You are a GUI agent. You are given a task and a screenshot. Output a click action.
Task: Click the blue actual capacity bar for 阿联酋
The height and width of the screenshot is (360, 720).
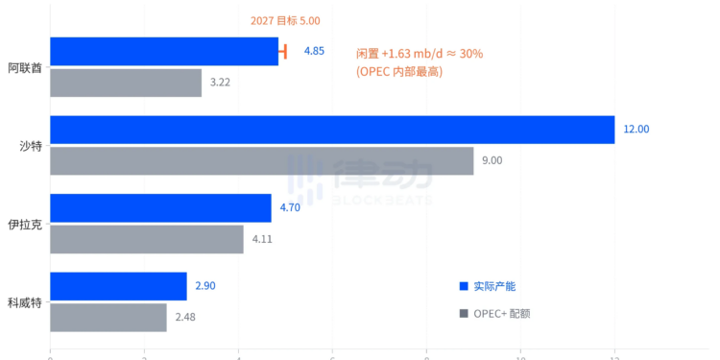(x=163, y=51)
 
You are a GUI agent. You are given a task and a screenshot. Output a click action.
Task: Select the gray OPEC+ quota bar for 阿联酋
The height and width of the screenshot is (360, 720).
(x=125, y=83)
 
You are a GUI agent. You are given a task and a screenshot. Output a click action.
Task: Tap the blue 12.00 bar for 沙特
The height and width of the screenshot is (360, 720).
(x=331, y=130)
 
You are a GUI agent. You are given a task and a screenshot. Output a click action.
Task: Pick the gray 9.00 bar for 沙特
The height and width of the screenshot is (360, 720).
(x=261, y=160)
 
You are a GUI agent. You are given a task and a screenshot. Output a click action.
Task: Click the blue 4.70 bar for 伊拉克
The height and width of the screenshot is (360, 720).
(x=160, y=207)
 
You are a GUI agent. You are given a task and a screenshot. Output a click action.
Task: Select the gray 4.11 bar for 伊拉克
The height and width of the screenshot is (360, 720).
(x=146, y=239)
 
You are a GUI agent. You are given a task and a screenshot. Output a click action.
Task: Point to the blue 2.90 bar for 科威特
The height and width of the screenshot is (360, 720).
(x=118, y=286)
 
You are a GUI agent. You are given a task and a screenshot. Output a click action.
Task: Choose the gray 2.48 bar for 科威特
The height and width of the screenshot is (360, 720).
(x=108, y=317)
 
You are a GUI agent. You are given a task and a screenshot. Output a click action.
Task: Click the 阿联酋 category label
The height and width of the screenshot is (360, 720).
(x=25, y=67)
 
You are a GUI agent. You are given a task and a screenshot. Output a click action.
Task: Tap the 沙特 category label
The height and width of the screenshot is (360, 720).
(x=31, y=146)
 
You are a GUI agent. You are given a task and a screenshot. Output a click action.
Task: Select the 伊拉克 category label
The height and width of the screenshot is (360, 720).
(x=25, y=224)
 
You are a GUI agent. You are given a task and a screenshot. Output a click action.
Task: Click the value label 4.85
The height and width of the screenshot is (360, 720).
(x=314, y=51)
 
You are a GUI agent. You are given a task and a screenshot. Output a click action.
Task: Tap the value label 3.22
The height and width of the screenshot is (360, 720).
(x=220, y=83)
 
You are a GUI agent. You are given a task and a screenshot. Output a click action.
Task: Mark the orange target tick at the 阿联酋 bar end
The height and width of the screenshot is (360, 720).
(x=283, y=51)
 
